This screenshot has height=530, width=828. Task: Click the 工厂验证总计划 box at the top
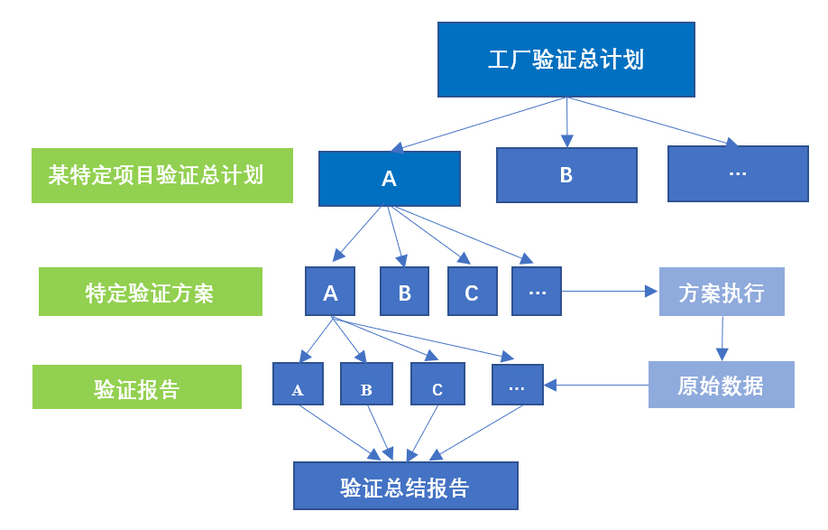[x=566, y=60]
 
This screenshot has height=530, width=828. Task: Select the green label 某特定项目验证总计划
[x=162, y=175]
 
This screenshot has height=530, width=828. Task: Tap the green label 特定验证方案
[x=151, y=292]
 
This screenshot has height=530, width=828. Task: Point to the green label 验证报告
[x=137, y=387]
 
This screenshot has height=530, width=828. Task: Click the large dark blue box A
[x=389, y=179]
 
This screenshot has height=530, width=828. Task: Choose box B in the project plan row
[x=566, y=175]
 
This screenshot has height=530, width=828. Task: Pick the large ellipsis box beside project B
[x=737, y=173]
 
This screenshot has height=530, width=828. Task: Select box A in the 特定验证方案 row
[x=330, y=292]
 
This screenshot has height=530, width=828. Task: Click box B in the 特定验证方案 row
[x=404, y=292]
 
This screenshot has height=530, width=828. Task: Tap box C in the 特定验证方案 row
[x=471, y=292]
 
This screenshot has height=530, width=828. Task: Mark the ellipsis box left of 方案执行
[x=536, y=292]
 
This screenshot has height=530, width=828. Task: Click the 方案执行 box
[x=721, y=292]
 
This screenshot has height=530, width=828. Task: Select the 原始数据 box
[x=721, y=385]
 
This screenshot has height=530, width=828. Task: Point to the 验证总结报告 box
[x=405, y=486]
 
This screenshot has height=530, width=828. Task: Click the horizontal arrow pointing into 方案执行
[x=610, y=292]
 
